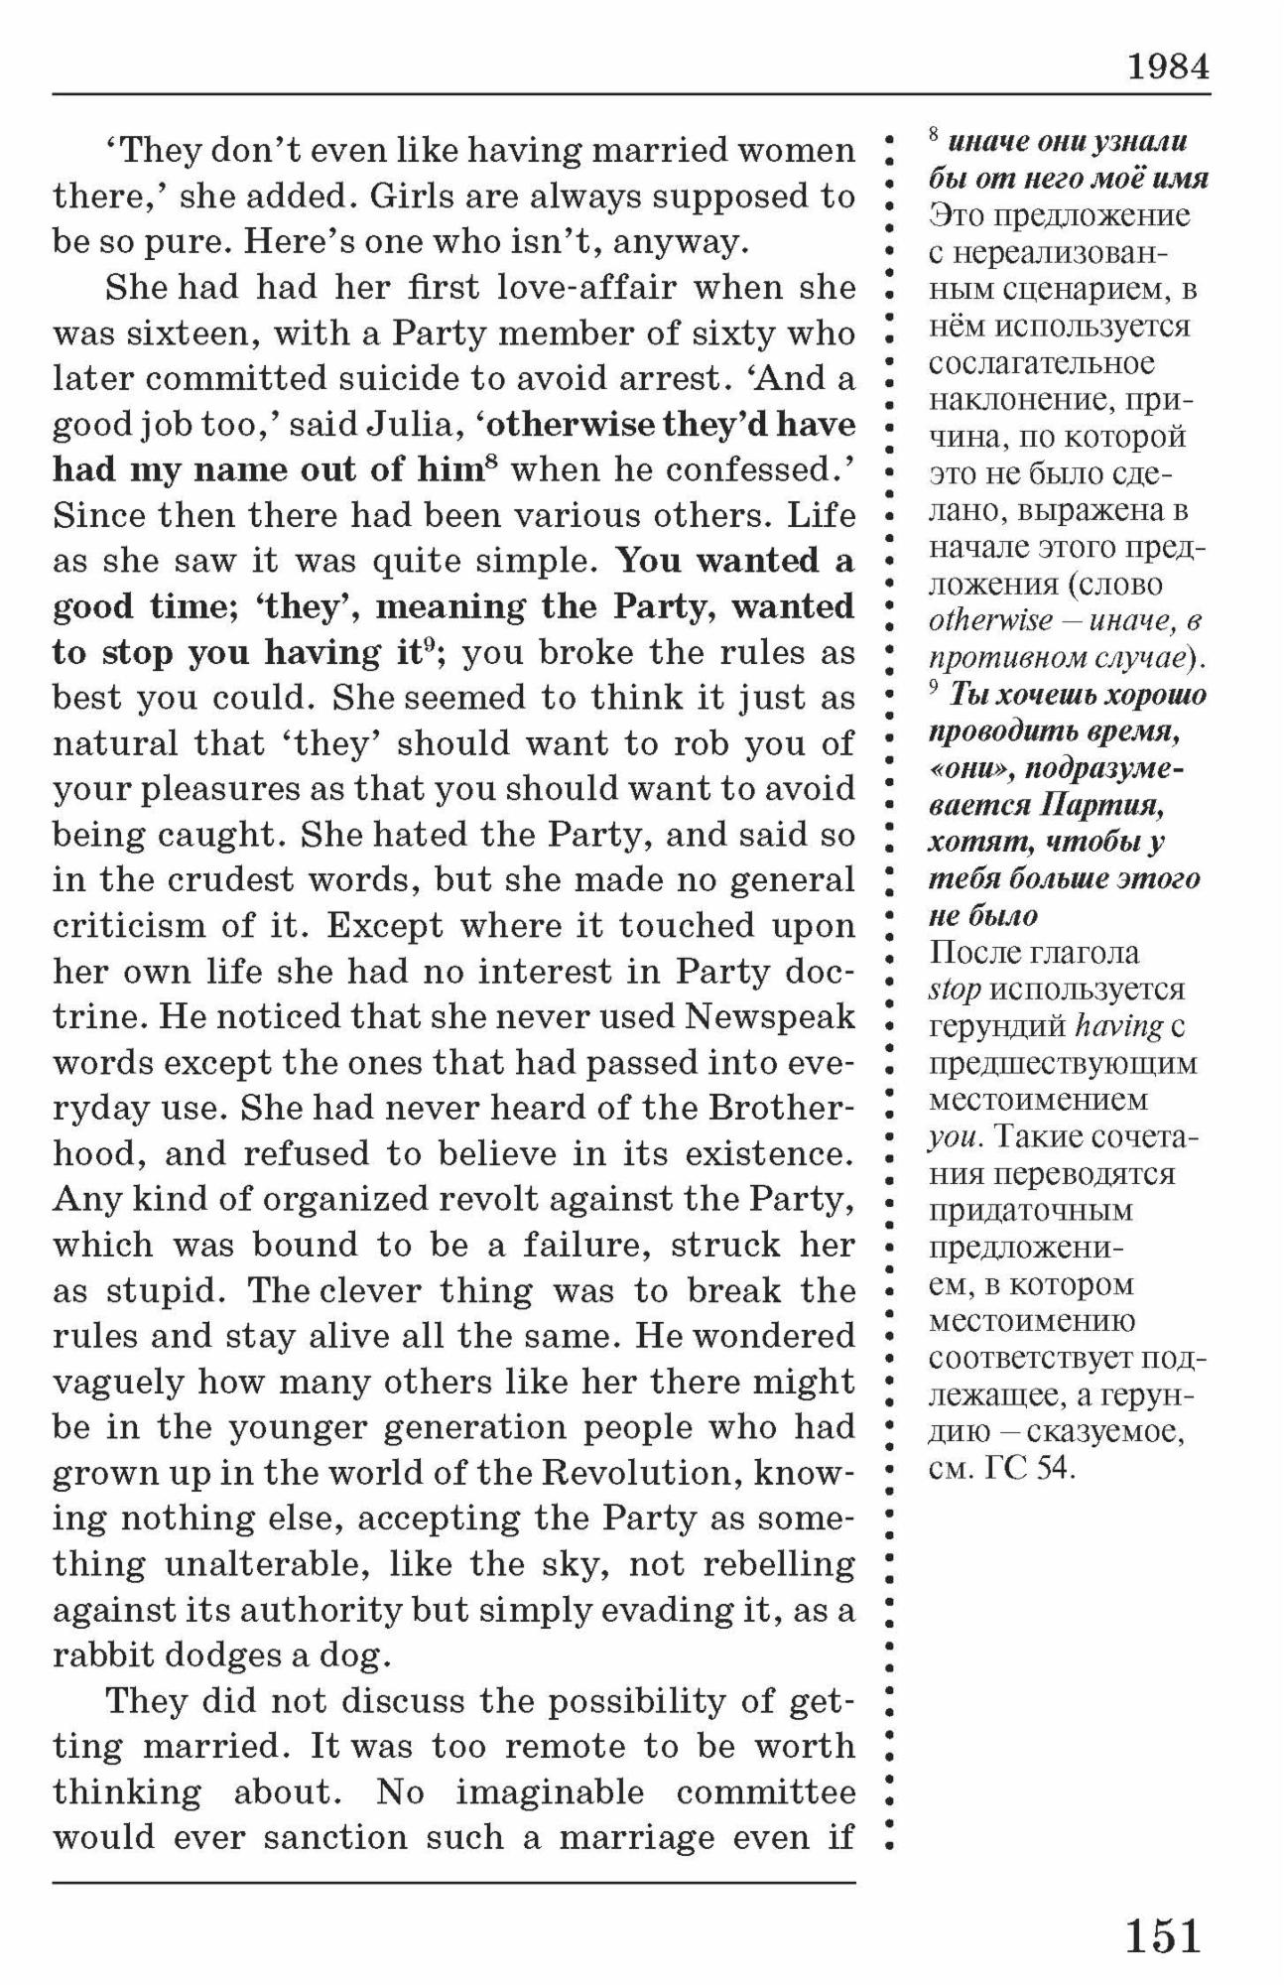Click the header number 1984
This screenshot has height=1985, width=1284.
click(x=1168, y=66)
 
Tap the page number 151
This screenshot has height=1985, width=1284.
click(x=1163, y=1936)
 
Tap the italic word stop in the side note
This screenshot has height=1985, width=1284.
click(x=954, y=990)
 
